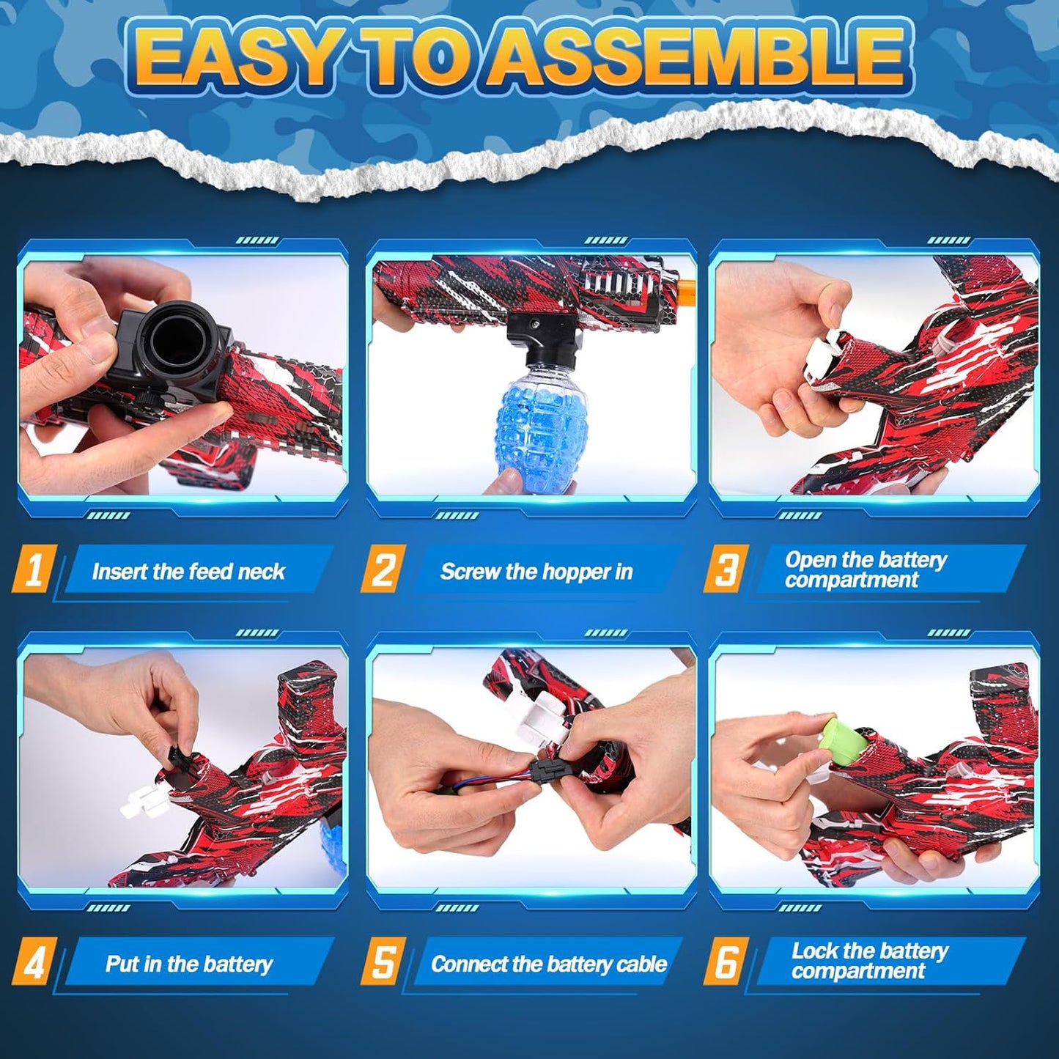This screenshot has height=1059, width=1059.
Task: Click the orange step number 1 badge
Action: coord(34,569)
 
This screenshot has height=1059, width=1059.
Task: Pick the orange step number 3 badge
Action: coord(726,569)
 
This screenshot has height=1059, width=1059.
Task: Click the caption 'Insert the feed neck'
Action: coord(188,571)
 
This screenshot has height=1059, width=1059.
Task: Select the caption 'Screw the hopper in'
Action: coord(536,571)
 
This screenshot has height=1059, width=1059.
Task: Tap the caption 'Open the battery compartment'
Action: coord(866,569)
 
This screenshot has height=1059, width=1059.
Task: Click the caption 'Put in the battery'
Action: coord(188,964)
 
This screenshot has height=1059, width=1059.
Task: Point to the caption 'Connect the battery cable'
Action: coord(549,964)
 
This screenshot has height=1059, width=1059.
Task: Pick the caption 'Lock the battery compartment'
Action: coord(869,961)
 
